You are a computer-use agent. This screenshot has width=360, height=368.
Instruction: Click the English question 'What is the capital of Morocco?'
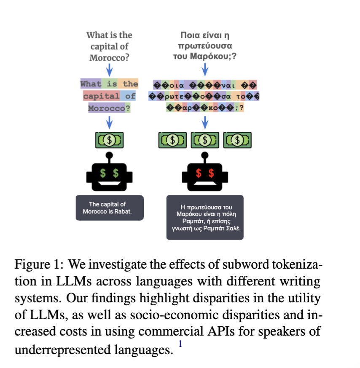pos(109,46)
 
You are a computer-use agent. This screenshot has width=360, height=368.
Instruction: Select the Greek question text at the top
pos(204,46)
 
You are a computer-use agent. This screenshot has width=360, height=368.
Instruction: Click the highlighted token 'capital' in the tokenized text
pos(101,96)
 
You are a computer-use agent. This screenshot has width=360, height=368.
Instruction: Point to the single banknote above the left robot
pos(109,139)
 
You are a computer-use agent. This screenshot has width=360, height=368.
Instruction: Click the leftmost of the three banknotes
pos(172,140)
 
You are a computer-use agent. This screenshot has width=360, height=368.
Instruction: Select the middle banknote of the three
pos(205,140)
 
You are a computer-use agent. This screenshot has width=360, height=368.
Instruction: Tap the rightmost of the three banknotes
pos(237,140)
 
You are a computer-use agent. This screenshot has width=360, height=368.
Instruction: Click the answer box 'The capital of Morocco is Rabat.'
pos(110,208)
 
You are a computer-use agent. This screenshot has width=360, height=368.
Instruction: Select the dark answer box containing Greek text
pos(205,217)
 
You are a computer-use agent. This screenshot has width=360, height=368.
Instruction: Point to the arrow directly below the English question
pos(109,69)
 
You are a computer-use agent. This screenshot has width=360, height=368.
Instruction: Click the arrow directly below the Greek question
pos(205,69)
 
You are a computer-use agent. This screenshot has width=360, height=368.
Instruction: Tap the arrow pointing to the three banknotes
pos(205,122)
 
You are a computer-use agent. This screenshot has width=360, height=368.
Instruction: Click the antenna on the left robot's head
pos(109,157)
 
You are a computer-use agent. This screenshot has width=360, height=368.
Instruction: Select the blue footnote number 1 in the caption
pos(180,344)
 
